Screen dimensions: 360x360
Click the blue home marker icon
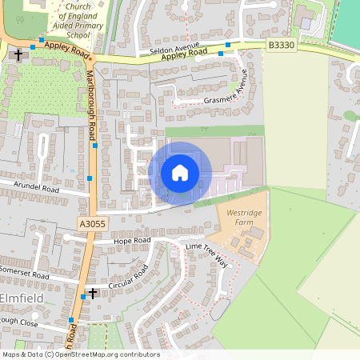pos(180,172)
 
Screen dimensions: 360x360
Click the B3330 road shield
pos(281,46)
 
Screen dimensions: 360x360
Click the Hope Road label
pos(132,240)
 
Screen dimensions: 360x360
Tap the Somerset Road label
pos(25,275)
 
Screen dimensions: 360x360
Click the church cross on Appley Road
pos(18,55)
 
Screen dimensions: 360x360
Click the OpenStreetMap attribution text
pos(80,354)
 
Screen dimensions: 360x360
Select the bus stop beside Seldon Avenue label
pos(228,45)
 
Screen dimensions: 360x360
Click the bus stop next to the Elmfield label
pos(83,297)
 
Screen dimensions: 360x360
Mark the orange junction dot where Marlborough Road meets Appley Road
pos(92,58)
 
